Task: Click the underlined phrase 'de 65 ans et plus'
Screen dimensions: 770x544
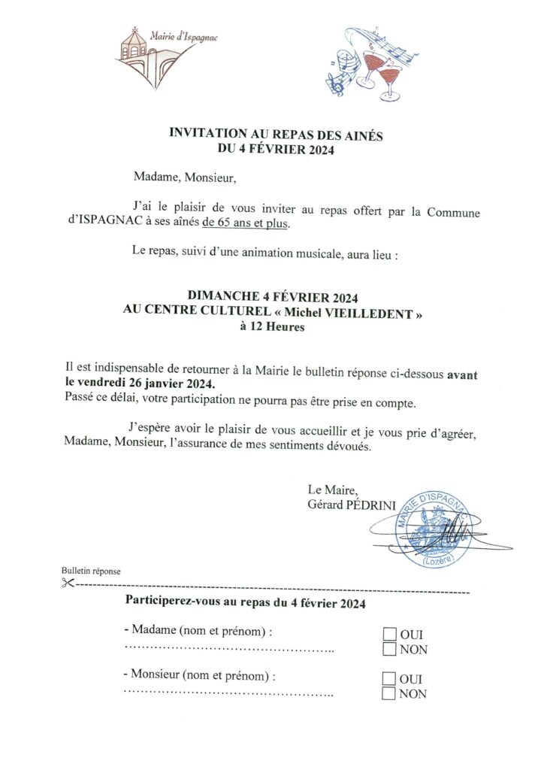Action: [246, 223]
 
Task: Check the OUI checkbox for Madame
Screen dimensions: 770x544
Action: [389, 634]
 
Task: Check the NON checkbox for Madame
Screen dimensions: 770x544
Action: [389, 649]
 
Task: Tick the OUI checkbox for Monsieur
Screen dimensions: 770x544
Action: [389, 679]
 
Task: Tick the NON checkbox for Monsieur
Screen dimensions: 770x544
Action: [389, 694]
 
